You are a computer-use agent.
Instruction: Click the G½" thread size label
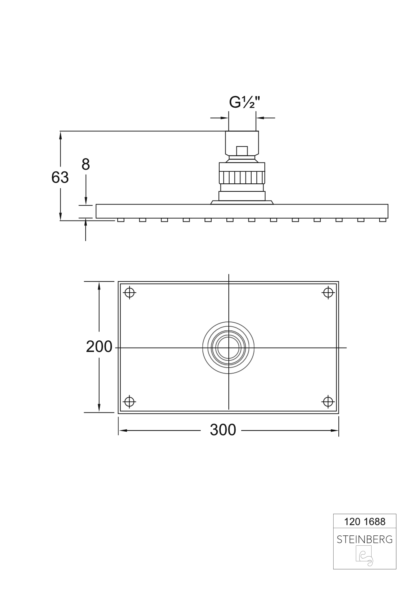pyautogui.click(x=244, y=103)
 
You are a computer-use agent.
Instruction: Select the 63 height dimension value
pyautogui.click(x=60, y=177)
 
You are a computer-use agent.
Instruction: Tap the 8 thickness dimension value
pyautogui.click(x=86, y=165)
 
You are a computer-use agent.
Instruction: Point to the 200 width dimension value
pyautogui.click(x=99, y=347)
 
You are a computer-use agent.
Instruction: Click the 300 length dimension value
pyautogui.click(x=223, y=430)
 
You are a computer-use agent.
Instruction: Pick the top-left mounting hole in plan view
pyautogui.click(x=129, y=293)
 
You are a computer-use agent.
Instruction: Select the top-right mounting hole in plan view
pyautogui.click(x=328, y=293)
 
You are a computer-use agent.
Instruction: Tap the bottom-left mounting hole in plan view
pyautogui.click(x=129, y=401)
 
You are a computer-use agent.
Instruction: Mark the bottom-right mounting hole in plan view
pyautogui.click(x=328, y=401)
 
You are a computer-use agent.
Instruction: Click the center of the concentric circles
pyautogui.click(x=228, y=347)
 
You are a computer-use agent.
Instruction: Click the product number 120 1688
pyautogui.click(x=364, y=522)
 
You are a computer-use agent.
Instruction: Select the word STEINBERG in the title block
pyautogui.click(x=364, y=539)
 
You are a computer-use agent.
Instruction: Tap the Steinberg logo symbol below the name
pyautogui.click(x=364, y=557)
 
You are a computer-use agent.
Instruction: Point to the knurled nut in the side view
pyautogui.click(x=242, y=176)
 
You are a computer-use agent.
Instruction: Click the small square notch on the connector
pyautogui.click(x=242, y=151)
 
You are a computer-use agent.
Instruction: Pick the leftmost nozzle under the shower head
pyautogui.click(x=120, y=220)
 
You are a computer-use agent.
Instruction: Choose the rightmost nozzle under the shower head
pyautogui.click(x=382, y=220)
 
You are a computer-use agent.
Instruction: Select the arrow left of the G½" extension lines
pyautogui.click(x=219, y=118)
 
